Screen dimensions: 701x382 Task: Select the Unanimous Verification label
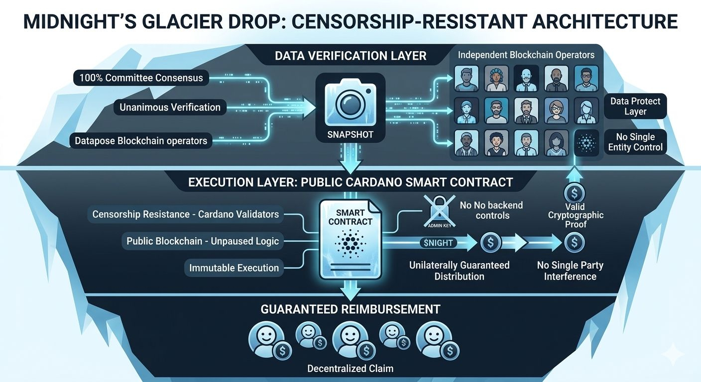[x=170, y=107]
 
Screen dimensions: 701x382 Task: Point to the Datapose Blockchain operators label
[x=141, y=141]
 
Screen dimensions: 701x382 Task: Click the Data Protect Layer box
[x=635, y=106]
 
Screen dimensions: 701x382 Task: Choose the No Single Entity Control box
[x=635, y=142]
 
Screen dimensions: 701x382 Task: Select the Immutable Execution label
[x=234, y=268]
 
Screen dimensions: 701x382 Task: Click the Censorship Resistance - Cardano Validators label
[x=185, y=214]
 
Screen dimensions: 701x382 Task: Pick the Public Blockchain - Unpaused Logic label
[x=203, y=241]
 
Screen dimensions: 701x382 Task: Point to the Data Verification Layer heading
[x=350, y=56]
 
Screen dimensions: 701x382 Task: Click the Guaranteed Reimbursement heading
[x=350, y=309]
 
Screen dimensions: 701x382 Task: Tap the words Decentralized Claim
[x=350, y=369]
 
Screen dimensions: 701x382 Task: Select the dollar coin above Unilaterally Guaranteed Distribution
[x=491, y=243]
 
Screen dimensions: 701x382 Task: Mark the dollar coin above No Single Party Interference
[x=574, y=243]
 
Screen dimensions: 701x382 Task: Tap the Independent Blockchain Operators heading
[x=526, y=55]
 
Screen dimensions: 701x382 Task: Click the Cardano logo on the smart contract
[x=350, y=243]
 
